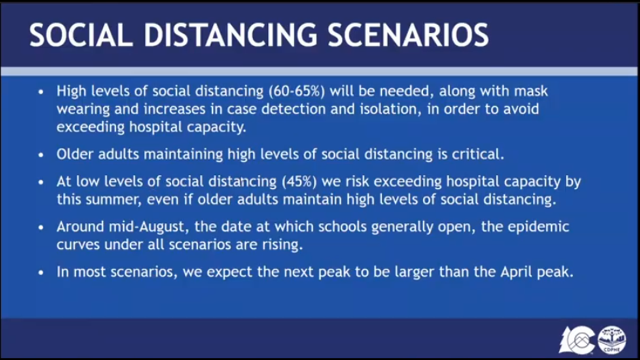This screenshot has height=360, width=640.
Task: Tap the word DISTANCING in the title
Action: click(x=230, y=35)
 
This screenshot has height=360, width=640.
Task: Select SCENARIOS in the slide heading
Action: click(x=408, y=35)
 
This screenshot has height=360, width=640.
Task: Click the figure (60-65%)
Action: click(x=297, y=91)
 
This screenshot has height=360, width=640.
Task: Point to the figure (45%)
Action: click(x=299, y=181)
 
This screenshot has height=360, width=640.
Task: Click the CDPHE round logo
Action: click(x=612, y=340)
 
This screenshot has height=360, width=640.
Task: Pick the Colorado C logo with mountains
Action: click(x=577, y=340)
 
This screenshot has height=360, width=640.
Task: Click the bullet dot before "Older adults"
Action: click(x=41, y=155)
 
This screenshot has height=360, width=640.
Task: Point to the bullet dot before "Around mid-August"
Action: click(x=41, y=228)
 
